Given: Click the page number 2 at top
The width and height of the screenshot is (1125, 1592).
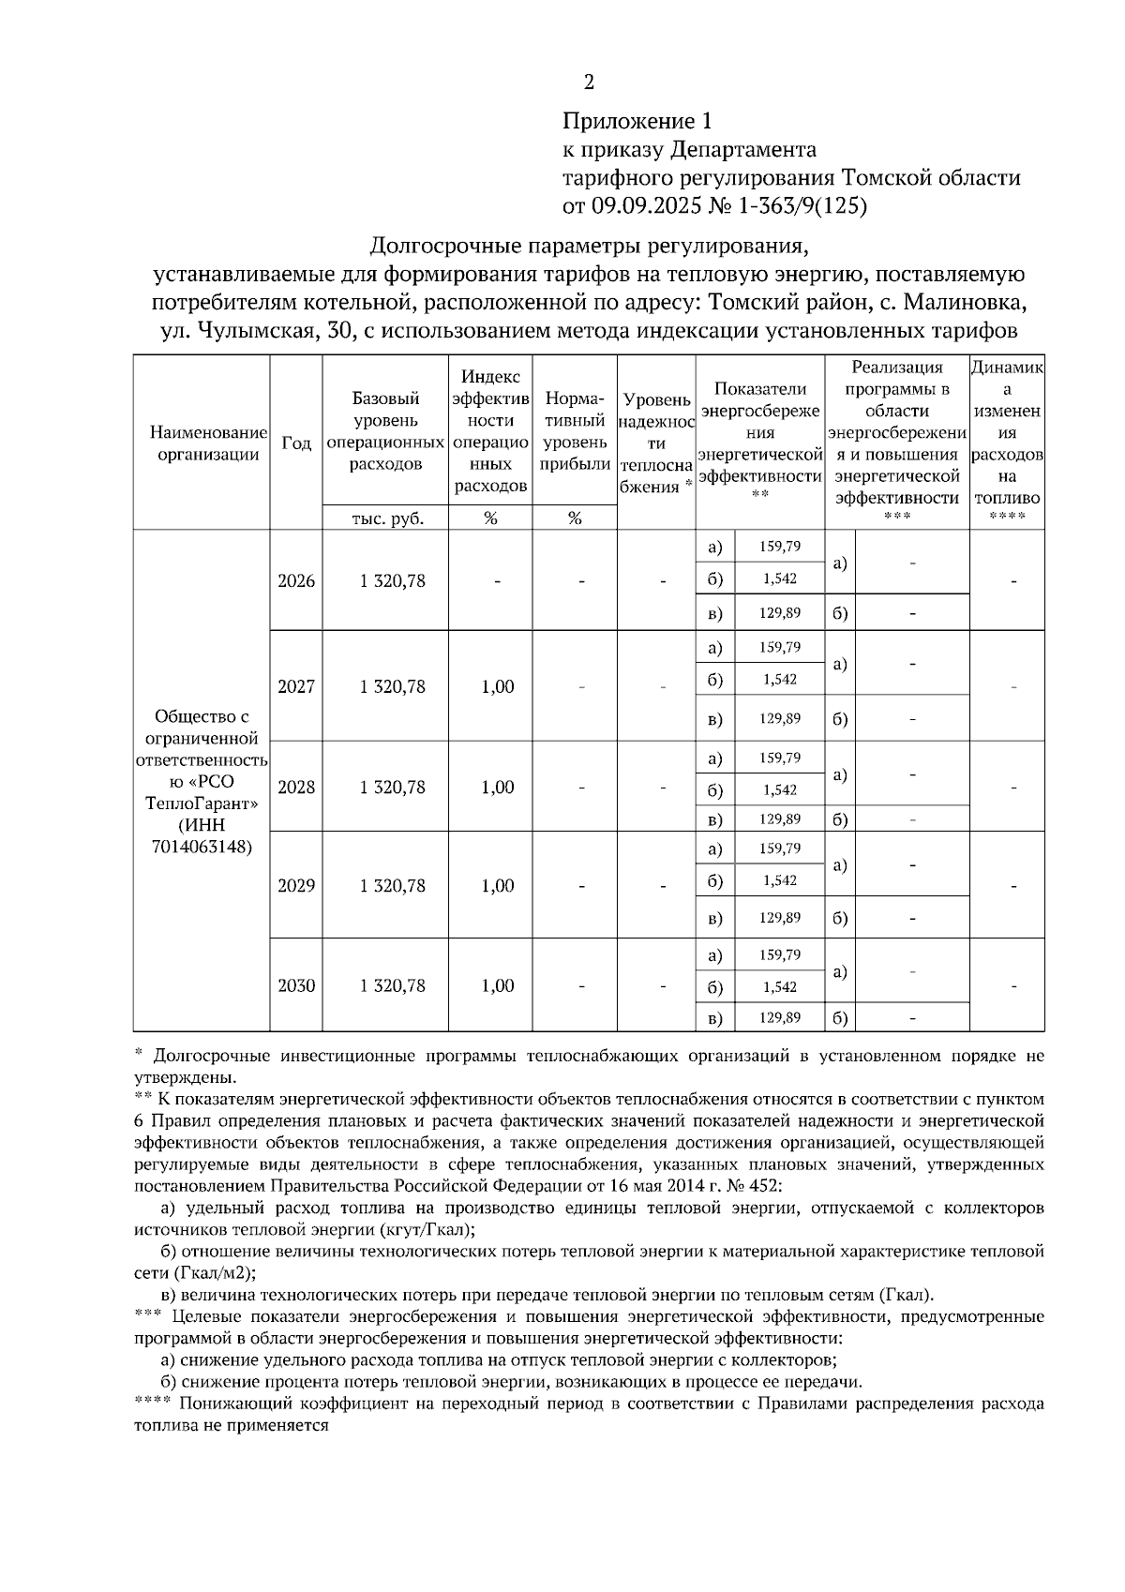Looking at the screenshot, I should pyautogui.click(x=589, y=83).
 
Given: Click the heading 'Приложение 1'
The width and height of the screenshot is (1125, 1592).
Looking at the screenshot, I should pyautogui.click(x=637, y=121).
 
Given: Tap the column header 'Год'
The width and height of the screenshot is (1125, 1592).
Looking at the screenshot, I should pyautogui.click(x=296, y=443).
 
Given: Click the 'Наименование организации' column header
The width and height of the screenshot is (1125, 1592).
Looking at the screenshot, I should pyautogui.click(x=202, y=443).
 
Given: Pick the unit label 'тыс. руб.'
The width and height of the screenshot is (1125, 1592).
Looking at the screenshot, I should pyautogui.click(x=385, y=518).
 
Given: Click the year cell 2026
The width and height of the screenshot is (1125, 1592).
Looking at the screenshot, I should pyautogui.click(x=296, y=580).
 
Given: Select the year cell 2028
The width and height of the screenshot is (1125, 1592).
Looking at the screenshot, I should pyautogui.click(x=296, y=787).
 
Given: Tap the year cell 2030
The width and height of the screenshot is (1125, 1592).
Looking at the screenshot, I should pyautogui.click(x=296, y=985).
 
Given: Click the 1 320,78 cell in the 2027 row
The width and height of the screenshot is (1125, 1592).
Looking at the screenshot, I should pyautogui.click(x=392, y=686).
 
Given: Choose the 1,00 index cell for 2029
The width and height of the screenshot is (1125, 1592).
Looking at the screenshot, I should pyautogui.click(x=497, y=886).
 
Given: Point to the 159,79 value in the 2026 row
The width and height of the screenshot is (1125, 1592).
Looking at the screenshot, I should pyautogui.click(x=779, y=546).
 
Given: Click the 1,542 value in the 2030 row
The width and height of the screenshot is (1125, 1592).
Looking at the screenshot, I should pyautogui.click(x=779, y=986).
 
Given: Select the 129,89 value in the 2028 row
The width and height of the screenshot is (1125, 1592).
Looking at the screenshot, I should pyautogui.click(x=779, y=819).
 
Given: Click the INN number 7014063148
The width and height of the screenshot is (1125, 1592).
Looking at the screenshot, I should pyautogui.click(x=202, y=847).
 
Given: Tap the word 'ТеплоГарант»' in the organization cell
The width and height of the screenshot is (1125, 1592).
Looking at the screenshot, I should pyautogui.click(x=202, y=804).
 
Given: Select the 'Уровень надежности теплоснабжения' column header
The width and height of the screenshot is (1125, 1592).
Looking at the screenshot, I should pyautogui.click(x=656, y=443).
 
